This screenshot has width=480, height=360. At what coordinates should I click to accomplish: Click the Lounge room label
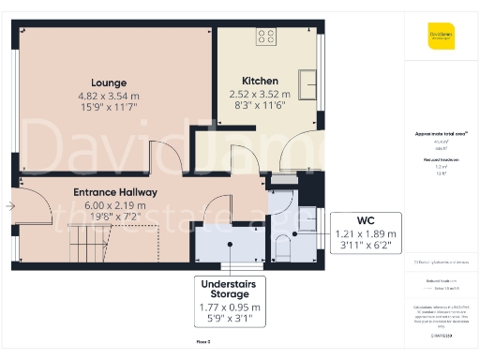point(110,82)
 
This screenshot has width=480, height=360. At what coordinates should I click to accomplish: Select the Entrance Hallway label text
point(115,192)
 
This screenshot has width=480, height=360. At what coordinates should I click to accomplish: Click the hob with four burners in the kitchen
point(266,37)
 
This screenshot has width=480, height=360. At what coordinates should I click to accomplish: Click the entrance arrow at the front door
point(8,206)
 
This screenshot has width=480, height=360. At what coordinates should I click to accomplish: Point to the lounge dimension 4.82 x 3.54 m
point(110,96)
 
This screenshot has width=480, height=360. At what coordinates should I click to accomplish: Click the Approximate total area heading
point(442,134)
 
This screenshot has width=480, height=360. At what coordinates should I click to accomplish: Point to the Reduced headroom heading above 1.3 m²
point(442,160)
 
